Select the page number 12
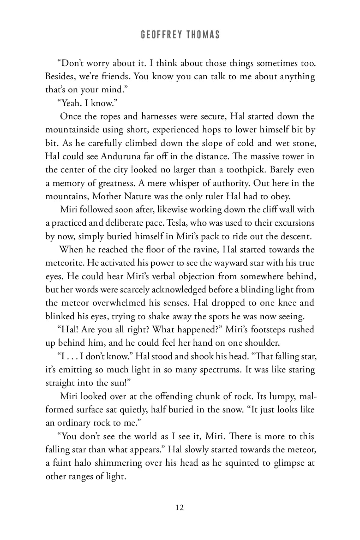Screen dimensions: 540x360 pyautogui.click(x=180, y=508)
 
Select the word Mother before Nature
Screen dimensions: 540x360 pyautogui.click(x=106, y=196)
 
